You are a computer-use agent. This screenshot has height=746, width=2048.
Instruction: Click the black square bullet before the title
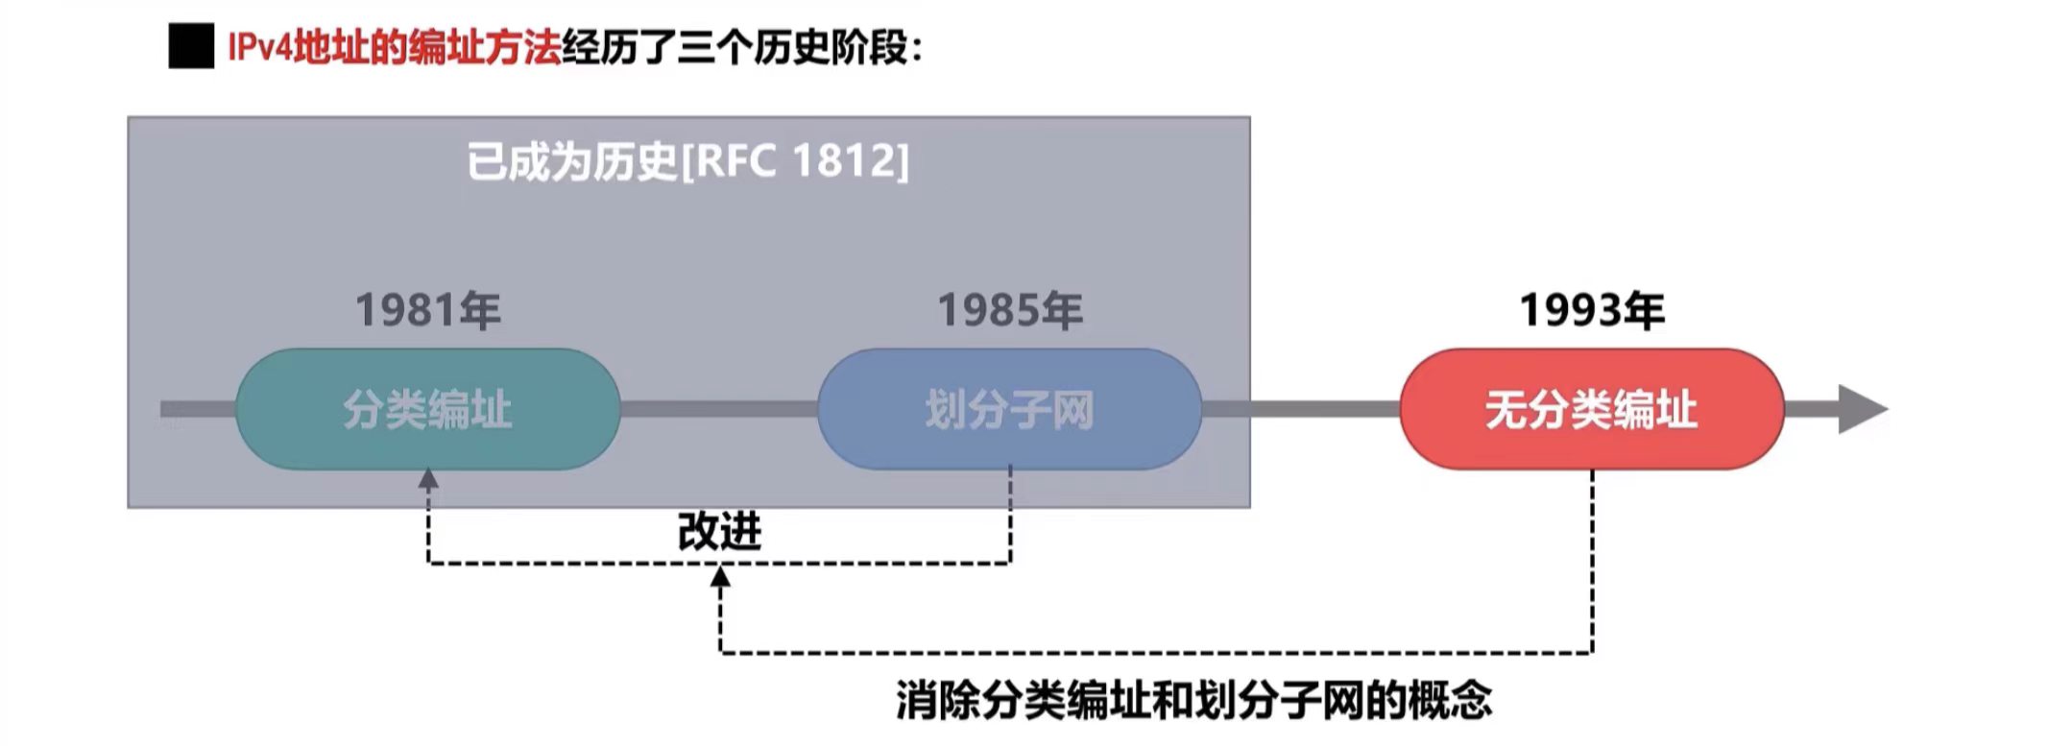191,47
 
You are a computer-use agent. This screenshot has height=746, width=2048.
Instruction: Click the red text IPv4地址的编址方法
394,47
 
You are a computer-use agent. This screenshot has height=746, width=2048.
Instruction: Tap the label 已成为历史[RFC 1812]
687,161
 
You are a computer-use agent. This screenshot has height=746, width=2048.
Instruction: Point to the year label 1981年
428,310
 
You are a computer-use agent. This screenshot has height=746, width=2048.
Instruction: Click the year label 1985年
1010,310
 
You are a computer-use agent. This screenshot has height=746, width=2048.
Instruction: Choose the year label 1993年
1592,310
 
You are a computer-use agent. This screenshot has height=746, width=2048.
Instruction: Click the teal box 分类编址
428,409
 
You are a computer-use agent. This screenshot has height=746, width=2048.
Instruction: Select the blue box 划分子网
1010,409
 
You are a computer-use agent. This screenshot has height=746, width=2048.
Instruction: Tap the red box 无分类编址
1592,409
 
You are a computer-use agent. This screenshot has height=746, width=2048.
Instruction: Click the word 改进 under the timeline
719,531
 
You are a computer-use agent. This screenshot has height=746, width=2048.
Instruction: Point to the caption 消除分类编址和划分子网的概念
1193,700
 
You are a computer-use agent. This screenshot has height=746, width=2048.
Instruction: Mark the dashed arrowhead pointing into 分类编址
428,479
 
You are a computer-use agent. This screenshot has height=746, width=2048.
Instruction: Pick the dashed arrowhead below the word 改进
720,577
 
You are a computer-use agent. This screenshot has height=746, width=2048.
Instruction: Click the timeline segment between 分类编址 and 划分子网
718,409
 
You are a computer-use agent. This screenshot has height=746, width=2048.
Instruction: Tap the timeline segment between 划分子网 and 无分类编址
1301,409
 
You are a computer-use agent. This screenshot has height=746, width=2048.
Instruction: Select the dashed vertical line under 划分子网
1010,514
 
